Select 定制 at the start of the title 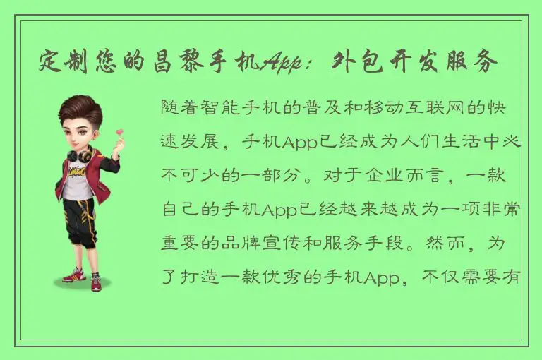coord(60,64)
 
